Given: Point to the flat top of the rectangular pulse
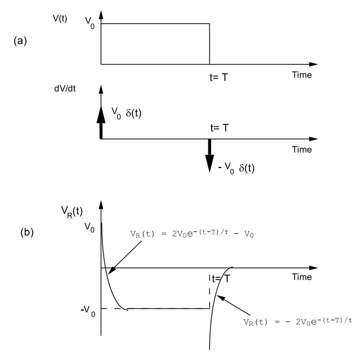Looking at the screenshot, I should point(155,23).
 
